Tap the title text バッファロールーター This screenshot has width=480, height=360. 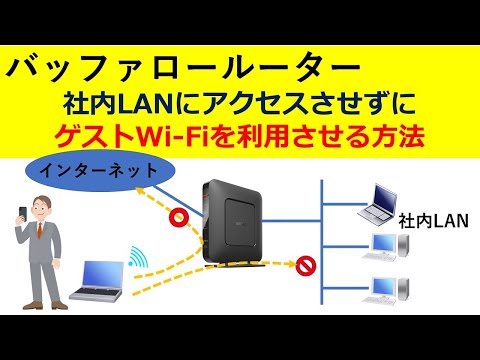[x=180, y=69]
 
